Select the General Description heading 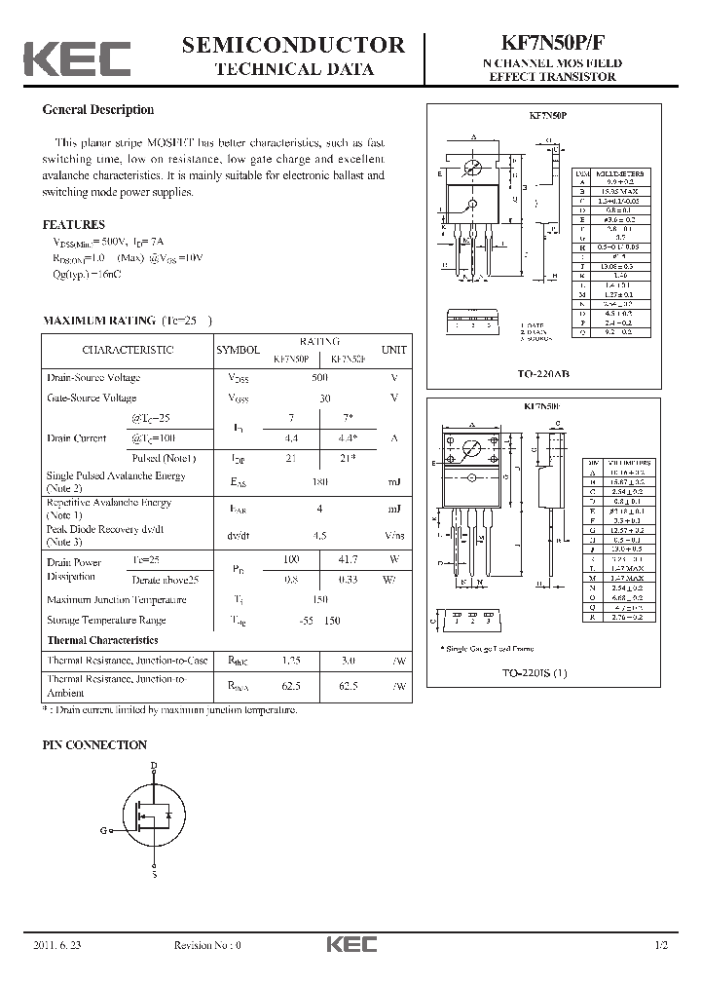point(97,110)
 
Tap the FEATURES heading point(73,224)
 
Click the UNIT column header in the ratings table point(393,350)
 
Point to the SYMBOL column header point(238,350)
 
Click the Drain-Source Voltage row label point(93,378)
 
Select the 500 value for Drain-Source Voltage point(319,378)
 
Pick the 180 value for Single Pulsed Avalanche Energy point(319,481)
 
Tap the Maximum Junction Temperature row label point(113,600)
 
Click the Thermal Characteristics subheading point(102,640)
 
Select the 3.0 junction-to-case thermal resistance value point(346,661)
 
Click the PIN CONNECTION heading point(93,745)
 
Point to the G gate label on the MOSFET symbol point(102,830)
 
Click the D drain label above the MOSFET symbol point(153,766)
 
